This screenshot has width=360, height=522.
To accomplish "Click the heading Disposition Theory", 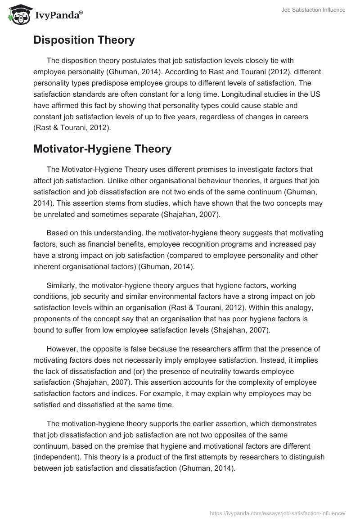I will click(84, 40).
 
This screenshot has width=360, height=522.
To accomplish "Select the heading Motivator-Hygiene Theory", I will click(102, 149).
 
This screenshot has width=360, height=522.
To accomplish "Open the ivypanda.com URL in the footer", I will click(278, 513).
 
